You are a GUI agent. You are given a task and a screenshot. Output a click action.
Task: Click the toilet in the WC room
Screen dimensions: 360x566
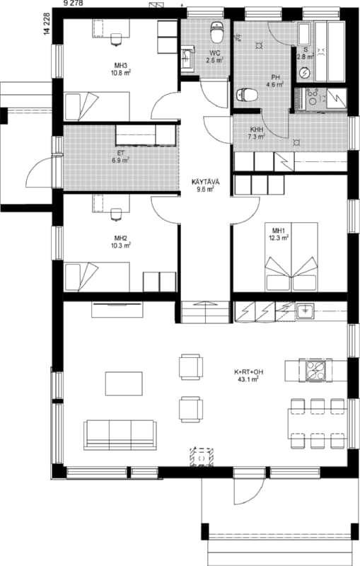click(x=217, y=32)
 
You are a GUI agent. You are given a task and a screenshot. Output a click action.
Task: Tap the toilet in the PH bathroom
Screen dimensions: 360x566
click(x=247, y=96)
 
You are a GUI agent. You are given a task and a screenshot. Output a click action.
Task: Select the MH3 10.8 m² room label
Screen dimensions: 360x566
click(x=121, y=69)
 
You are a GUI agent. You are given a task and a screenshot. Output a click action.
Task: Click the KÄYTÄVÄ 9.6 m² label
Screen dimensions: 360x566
click(x=205, y=185)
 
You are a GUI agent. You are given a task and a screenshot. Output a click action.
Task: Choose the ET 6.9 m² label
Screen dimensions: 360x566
click(x=120, y=156)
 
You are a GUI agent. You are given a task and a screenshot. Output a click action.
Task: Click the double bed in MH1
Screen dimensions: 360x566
click(x=291, y=257)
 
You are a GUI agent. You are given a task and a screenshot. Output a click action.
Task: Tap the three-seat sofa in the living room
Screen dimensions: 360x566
click(x=120, y=435)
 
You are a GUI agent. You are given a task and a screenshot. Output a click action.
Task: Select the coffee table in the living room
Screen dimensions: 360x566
click(x=124, y=383)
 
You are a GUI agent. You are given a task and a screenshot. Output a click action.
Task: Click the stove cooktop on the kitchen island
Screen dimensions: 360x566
click(x=315, y=370)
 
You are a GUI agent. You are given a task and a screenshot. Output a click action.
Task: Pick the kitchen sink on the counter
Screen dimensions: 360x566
click(x=305, y=311)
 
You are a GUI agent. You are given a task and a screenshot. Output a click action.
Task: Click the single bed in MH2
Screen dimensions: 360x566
click(x=97, y=277)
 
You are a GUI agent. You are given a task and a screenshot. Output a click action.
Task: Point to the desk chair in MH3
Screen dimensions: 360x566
click(x=116, y=40)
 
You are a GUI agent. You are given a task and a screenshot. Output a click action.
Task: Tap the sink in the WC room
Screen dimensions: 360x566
click(x=187, y=57)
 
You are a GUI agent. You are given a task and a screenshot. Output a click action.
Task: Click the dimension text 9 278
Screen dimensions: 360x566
click(x=73, y=4)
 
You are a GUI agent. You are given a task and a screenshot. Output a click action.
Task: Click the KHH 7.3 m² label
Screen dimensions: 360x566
click(x=257, y=133)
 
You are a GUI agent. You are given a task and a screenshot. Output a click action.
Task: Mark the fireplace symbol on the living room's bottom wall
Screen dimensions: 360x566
click(x=202, y=457)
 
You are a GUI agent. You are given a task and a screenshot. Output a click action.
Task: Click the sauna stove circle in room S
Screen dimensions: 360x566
click(x=305, y=74)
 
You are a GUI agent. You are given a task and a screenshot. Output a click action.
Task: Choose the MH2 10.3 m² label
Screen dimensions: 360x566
click(x=121, y=242)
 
